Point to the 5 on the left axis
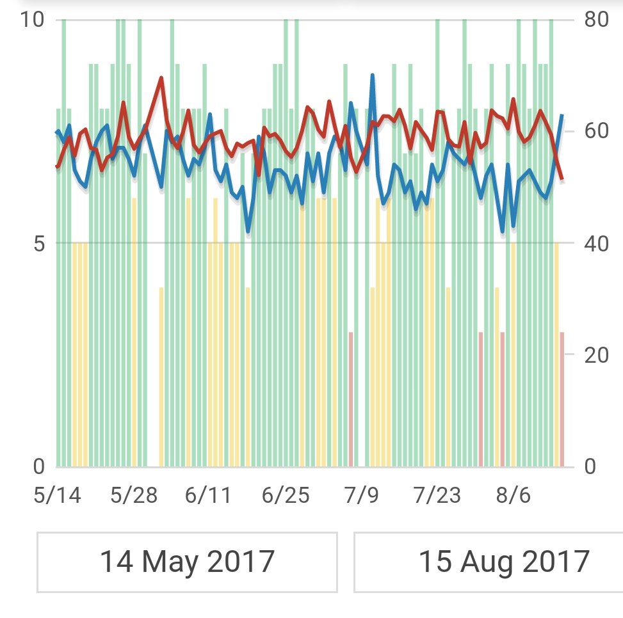(39, 244)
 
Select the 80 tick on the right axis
(596, 20)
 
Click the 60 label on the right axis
(596, 131)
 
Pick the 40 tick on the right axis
(596, 244)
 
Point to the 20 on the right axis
(596, 355)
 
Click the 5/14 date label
(58, 495)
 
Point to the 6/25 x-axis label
(286, 495)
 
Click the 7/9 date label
(362, 495)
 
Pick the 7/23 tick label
(437, 495)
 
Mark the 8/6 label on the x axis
(512, 495)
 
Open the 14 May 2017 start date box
(187, 562)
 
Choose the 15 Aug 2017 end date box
(503, 562)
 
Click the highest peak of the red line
(161, 78)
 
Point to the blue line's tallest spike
(372, 75)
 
